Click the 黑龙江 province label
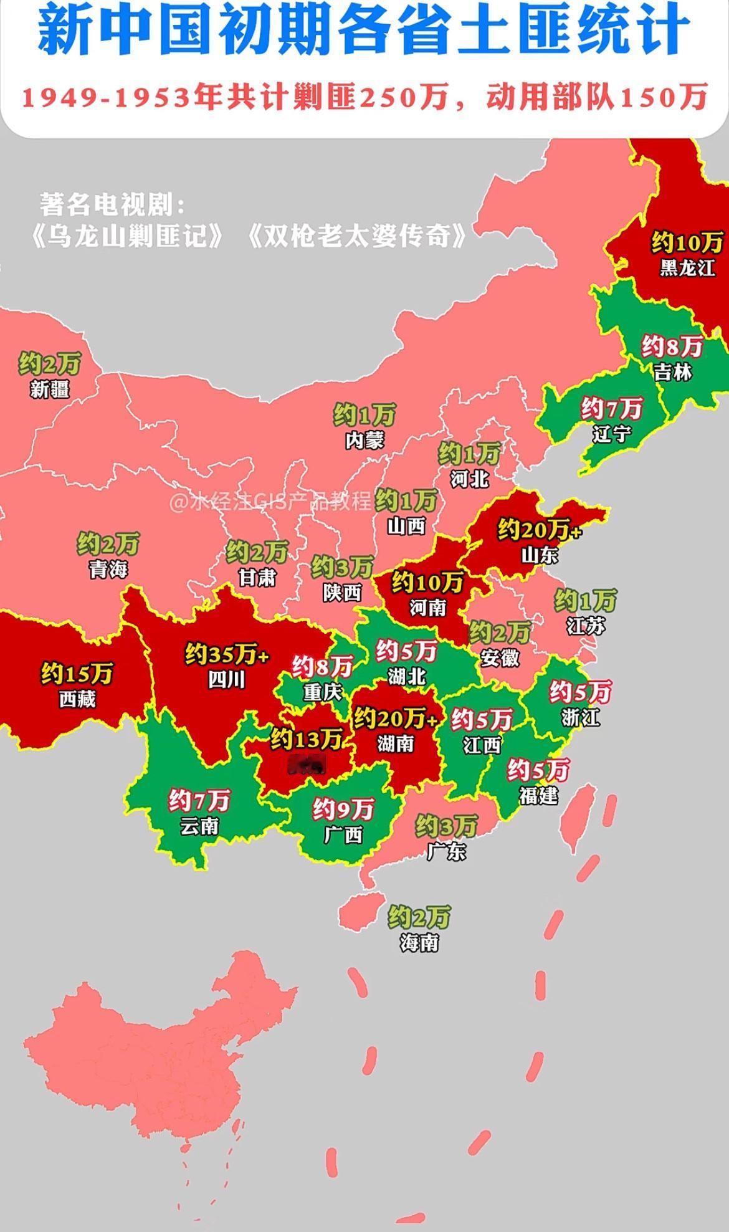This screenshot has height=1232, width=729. pos(687,267)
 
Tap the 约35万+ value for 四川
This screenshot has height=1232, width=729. pos(227,655)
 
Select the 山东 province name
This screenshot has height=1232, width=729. pos(540,555)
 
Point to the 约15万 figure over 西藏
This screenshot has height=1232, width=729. pos(77,674)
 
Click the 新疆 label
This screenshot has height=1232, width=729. pos(50,389)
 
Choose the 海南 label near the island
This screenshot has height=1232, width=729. pos(419,943)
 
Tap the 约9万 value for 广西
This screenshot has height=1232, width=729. pos(343,809)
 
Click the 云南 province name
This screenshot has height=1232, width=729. pos(199,826)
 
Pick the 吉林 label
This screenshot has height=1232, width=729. pos(673,372)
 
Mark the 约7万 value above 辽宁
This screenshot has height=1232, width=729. pos(611,409)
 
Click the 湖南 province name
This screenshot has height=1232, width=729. pos(396,743)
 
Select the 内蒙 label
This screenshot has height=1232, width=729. pos(365,440)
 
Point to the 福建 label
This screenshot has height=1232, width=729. pos(538,795)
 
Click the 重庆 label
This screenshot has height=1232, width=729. pos(323,692)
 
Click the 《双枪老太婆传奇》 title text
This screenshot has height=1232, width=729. pos(356,236)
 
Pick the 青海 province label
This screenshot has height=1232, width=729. pos(108,568)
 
